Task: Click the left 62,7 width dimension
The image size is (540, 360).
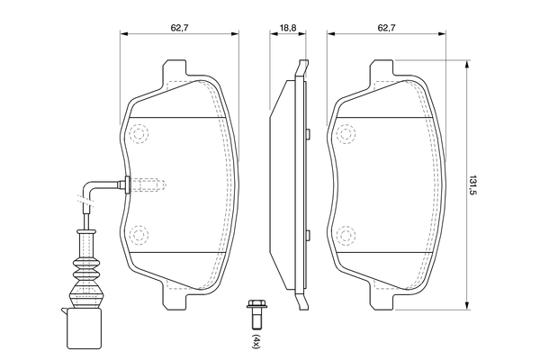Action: tap(179, 28)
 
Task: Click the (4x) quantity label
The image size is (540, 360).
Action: tap(255, 341)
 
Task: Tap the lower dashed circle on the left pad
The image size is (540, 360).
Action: tap(139, 235)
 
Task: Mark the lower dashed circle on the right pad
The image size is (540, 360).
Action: tap(346, 235)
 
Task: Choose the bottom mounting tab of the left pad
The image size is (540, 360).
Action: tap(175, 294)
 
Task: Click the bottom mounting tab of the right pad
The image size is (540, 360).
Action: tap(385, 294)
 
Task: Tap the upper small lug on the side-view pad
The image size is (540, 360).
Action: tap(308, 135)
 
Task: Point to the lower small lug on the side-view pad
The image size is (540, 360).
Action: tap(308, 235)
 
